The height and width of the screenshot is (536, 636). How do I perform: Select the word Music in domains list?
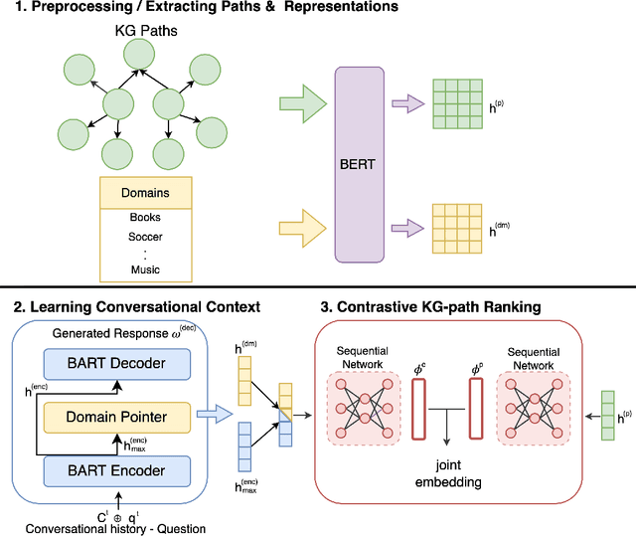(145, 269)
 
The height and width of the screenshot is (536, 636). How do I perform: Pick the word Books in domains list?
(145, 217)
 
